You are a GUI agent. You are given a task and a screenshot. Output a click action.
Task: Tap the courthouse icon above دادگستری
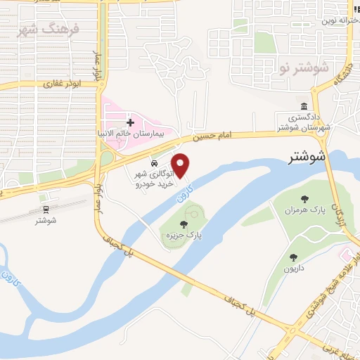(x=302, y=105)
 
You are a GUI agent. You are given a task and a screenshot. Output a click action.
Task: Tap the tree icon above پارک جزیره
(x=184, y=224)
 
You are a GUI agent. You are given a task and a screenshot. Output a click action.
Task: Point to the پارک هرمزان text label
(x=301, y=210)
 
